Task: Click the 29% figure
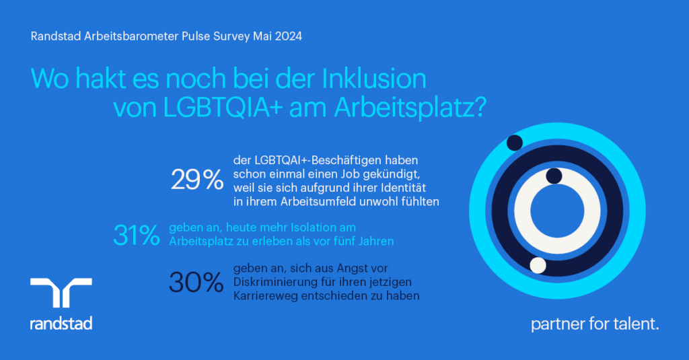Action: [x=196, y=180]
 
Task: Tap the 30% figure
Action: [x=195, y=283]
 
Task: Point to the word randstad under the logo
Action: [x=61, y=323]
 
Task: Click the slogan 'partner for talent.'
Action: [x=595, y=324]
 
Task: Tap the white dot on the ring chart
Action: [x=538, y=265]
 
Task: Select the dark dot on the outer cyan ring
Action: [x=514, y=142]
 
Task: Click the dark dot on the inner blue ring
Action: [x=554, y=176]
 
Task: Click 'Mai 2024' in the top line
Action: [x=279, y=36]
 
